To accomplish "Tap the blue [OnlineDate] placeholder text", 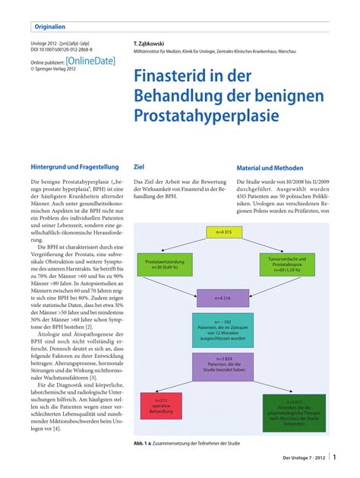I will tap(90, 60).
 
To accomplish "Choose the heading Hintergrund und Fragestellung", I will tap(74, 167).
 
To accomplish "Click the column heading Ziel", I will tap(139, 167).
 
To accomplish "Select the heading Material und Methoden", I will tap(270, 168).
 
